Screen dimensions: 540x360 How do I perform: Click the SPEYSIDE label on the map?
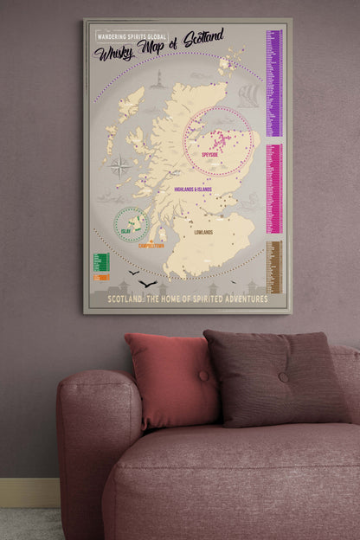tap(209, 155)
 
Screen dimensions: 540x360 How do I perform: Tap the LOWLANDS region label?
tap(203, 233)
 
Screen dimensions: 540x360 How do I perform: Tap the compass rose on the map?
tap(120, 166)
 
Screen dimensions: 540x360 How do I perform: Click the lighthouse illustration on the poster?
tap(158, 80)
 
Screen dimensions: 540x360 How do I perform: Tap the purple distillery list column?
tap(274, 82)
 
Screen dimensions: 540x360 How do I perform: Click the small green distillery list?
tap(100, 261)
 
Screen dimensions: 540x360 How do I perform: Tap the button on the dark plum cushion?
tap(283, 376)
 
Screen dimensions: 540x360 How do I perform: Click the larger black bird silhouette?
tap(148, 284)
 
